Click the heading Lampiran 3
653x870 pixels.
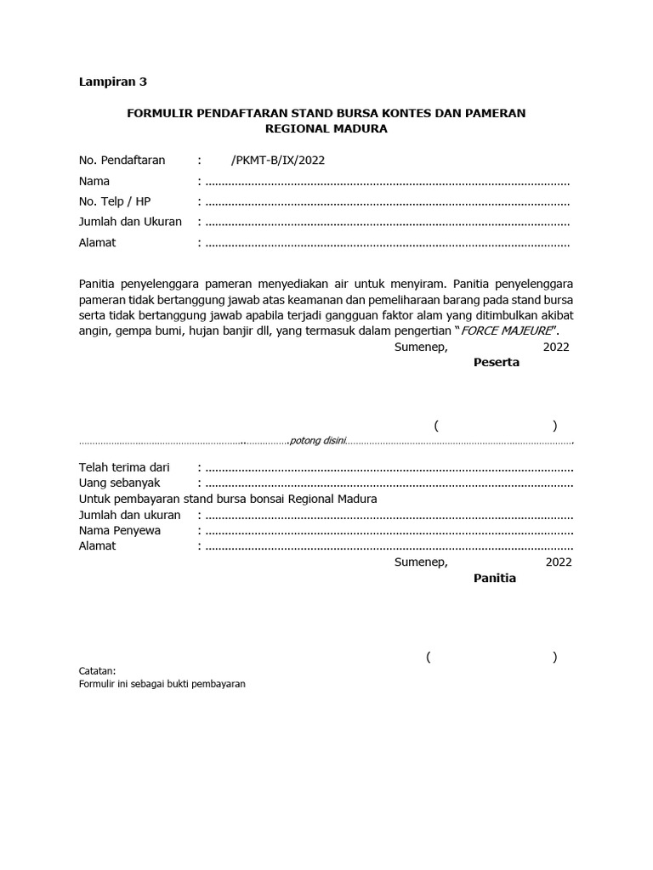point(113,82)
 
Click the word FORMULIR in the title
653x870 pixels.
point(159,113)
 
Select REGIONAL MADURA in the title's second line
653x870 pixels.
point(326,129)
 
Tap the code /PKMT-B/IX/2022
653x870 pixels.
point(277,160)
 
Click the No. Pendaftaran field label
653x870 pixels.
point(122,160)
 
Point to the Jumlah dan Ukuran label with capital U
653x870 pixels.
point(130,222)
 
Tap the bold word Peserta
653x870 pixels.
point(496,362)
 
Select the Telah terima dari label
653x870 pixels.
point(124,467)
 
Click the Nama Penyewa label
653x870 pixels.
point(120,530)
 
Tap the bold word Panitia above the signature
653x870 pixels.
point(494,578)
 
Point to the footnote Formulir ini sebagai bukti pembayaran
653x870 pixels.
point(162,683)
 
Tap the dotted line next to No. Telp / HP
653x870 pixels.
point(387,202)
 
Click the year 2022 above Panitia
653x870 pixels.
point(559,562)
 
